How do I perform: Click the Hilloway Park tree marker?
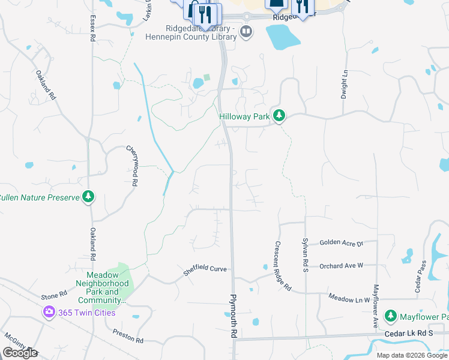(x=278, y=115)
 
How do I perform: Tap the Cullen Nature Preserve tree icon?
(x=88, y=197)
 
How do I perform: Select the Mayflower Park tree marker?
(x=391, y=316)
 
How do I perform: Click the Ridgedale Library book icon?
(x=246, y=31)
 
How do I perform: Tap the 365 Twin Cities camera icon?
(x=48, y=312)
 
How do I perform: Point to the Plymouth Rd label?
(x=234, y=318)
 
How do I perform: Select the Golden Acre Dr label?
(x=342, y=243)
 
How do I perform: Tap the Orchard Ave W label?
(x=342, y=266)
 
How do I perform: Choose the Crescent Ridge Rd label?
(x=282, y=266)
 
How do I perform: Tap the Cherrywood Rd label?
(x=133, y=165)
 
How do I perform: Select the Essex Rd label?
(x=92, y=28)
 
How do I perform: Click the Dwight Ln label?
(x=345, y=84)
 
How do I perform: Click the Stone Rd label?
(x=53, y=296)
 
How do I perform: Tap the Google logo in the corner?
(x=19, y=353)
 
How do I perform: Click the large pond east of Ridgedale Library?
(x=282, y=37)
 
